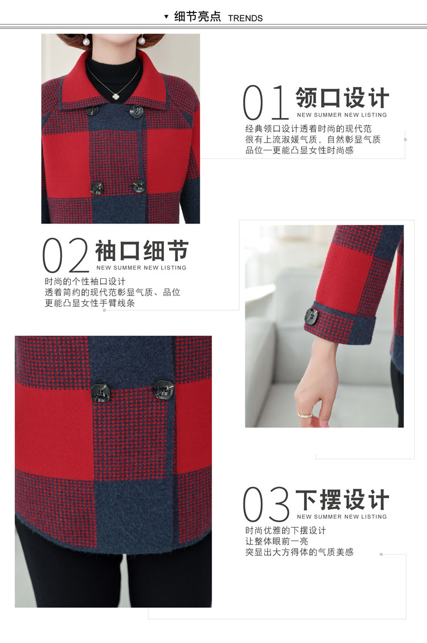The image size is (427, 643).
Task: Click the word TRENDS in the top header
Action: coord(245,18)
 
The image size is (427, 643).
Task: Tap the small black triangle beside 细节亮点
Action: coord(166,17)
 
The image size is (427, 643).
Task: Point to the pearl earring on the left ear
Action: coord(87,40)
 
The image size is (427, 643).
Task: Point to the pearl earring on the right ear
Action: coord(142,40)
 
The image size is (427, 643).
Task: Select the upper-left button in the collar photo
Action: coord(92,111)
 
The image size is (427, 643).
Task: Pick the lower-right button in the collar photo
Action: coord(139,186)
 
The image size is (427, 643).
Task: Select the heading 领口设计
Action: coord(342,97)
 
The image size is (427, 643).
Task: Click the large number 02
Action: coord(65,255)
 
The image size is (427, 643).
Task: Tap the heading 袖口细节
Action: coord(142,251)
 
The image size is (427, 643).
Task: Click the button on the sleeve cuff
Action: coord(311,316)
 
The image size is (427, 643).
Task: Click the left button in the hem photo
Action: coord(101,393)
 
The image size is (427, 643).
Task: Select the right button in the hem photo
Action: coord(164,389)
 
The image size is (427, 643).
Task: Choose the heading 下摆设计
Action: coord(342,500)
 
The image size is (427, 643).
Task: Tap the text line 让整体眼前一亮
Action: coord(277,542)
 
